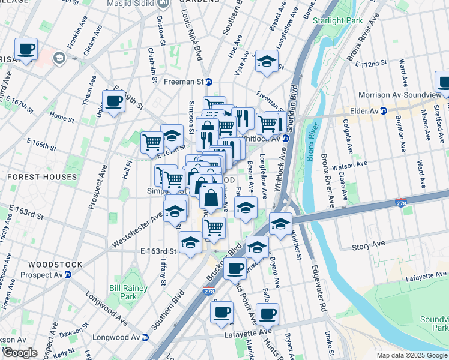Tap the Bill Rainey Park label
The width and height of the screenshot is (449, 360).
pos(123,292)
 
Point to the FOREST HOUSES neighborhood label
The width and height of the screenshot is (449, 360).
pos(42,178)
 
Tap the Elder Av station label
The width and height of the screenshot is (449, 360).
pos(366,111)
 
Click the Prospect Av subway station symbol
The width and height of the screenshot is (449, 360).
pos(68,275)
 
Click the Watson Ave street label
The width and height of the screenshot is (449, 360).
pos(353,163)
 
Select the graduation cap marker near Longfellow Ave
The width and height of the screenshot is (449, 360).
pos(267,60)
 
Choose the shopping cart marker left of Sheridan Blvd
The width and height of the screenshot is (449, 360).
pos(268,123)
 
